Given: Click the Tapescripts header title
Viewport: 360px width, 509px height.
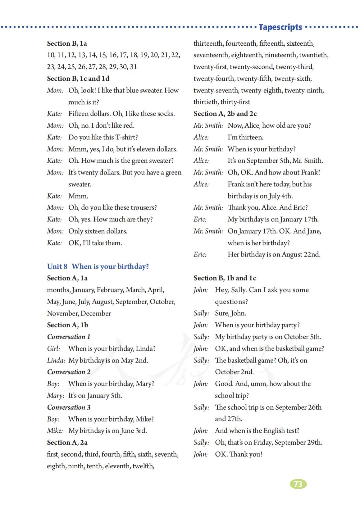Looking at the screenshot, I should [280, 27].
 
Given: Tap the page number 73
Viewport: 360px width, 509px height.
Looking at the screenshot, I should [298, 484].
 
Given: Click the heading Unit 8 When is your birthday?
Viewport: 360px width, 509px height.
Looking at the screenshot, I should [98, 266].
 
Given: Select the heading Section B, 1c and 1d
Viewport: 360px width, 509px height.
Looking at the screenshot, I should [78, 78].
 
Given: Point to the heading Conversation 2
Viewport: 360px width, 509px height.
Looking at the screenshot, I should [69, 372].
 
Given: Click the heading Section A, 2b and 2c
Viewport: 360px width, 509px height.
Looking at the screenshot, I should [225, 114].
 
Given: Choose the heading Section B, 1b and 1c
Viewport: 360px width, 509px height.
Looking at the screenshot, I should [225, 278].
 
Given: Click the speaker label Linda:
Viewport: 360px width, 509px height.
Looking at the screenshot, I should [56, 360].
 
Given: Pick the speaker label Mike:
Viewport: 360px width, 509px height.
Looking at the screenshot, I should [55, 431].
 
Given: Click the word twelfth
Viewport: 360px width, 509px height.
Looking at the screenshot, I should [143, 466].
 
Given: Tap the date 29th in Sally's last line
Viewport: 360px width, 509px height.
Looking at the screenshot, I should [315, 442].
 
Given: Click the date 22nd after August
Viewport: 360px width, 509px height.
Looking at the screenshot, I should [311, 255].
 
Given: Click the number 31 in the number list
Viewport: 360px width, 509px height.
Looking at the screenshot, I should [133, 67].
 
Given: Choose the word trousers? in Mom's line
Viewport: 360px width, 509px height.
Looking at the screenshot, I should [142, 207].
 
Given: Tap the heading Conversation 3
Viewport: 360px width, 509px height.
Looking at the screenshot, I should [69, 407].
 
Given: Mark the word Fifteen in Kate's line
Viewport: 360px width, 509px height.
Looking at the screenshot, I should [79, 114].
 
